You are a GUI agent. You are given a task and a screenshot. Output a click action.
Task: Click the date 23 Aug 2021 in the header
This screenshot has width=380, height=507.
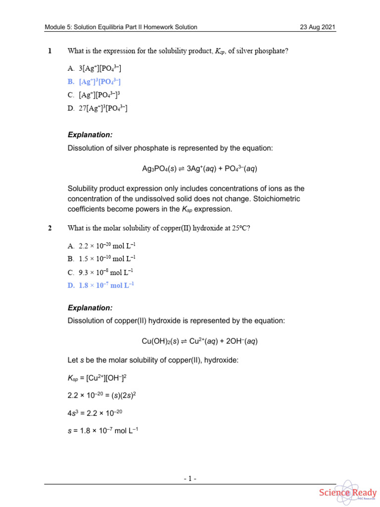(x=318, y=27)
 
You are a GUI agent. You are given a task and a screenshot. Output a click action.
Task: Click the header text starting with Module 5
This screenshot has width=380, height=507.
(x=121, y=27)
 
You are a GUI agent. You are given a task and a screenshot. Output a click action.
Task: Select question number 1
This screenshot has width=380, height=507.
(x=49, y=51)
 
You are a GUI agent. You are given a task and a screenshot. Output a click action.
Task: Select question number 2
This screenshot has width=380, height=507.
(x=49, y=228)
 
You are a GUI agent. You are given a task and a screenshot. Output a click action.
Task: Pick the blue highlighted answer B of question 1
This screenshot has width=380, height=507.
(x=94, y=82)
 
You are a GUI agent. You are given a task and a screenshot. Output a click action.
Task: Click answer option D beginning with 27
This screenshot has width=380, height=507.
(x=97, y=108)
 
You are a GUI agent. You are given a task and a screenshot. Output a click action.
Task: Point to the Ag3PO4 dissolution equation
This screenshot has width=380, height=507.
(x=199, y=169)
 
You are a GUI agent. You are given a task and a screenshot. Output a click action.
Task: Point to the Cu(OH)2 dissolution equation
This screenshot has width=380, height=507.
(x=199, y=341)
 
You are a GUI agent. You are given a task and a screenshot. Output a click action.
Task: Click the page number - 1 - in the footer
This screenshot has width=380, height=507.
(x=190, y=479)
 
